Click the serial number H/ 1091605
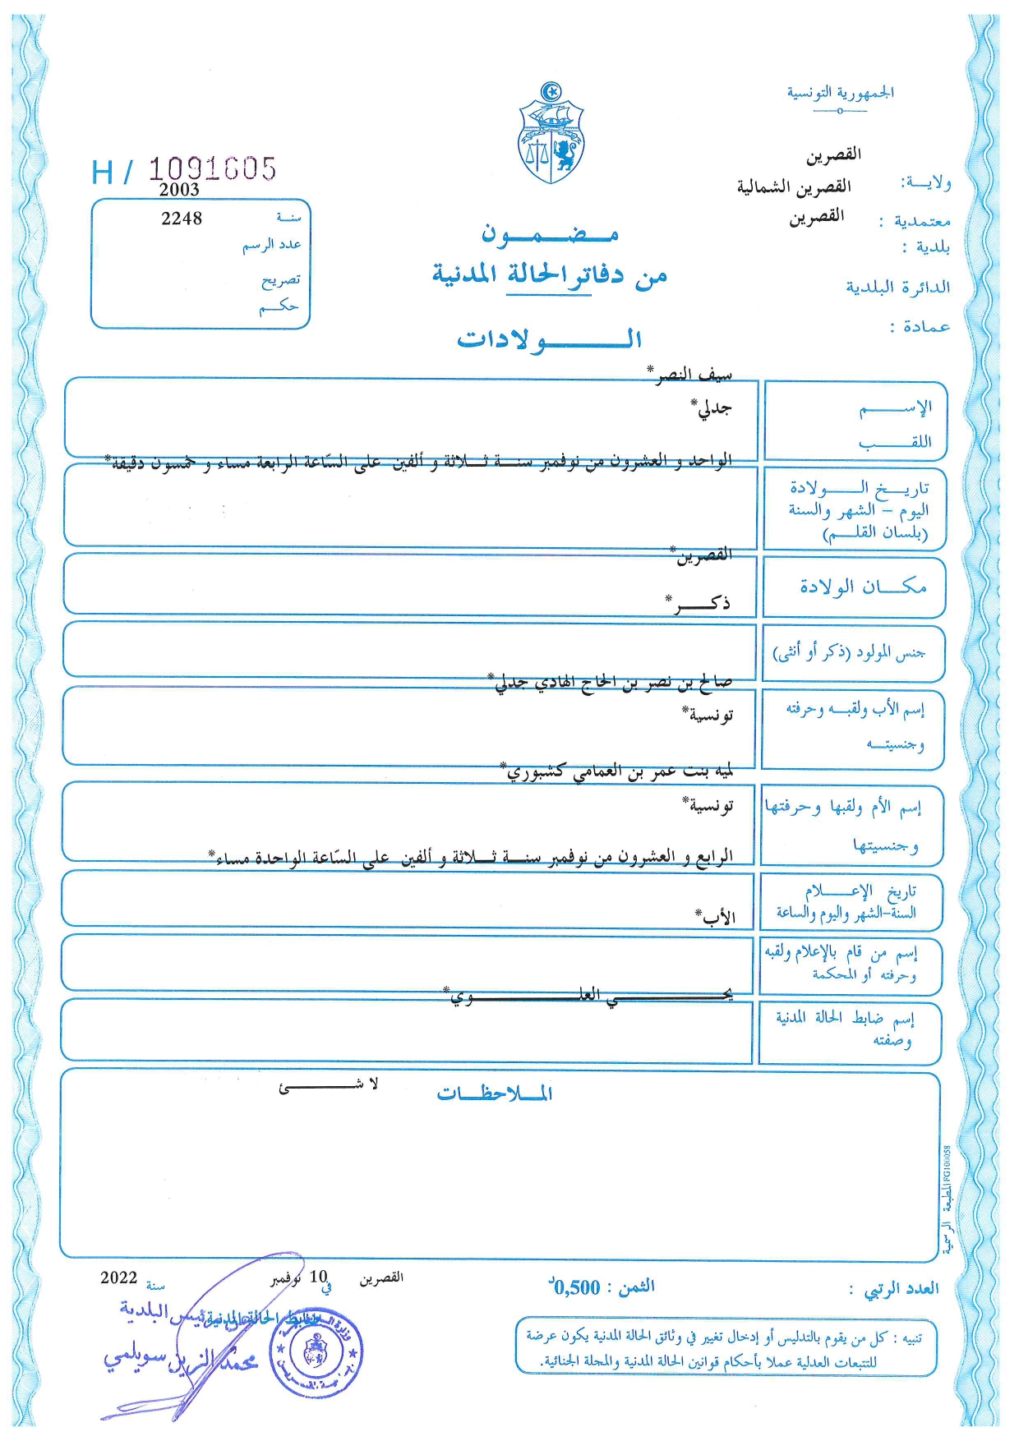(184, 170)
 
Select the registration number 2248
(182, 219)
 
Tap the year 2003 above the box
(179, 190)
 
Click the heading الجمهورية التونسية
(840, 93)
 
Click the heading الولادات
(549, 339)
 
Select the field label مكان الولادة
(863, 587)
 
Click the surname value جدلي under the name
(712, 408)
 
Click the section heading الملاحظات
(495, 1093)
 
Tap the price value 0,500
(576, 1287)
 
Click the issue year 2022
(118, 1278)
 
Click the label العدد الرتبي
(901, 1289)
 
